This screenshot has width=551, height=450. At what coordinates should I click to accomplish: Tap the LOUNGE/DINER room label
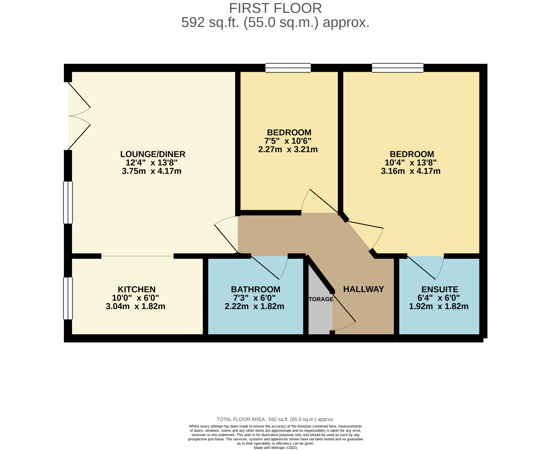[153, 154]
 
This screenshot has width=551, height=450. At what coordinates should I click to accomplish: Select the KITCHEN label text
[137, 289]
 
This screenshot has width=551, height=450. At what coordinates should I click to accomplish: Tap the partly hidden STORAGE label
[321, 299]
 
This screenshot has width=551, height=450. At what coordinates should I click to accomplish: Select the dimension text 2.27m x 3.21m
[288, 149]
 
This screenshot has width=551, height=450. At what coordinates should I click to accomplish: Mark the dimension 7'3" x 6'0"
[254, 298]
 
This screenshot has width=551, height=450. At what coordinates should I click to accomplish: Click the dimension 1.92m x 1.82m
[439, 306]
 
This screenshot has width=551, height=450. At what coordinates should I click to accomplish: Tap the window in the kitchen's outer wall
[68, 298]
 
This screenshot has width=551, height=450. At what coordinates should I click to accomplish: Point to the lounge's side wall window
[68, 202]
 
